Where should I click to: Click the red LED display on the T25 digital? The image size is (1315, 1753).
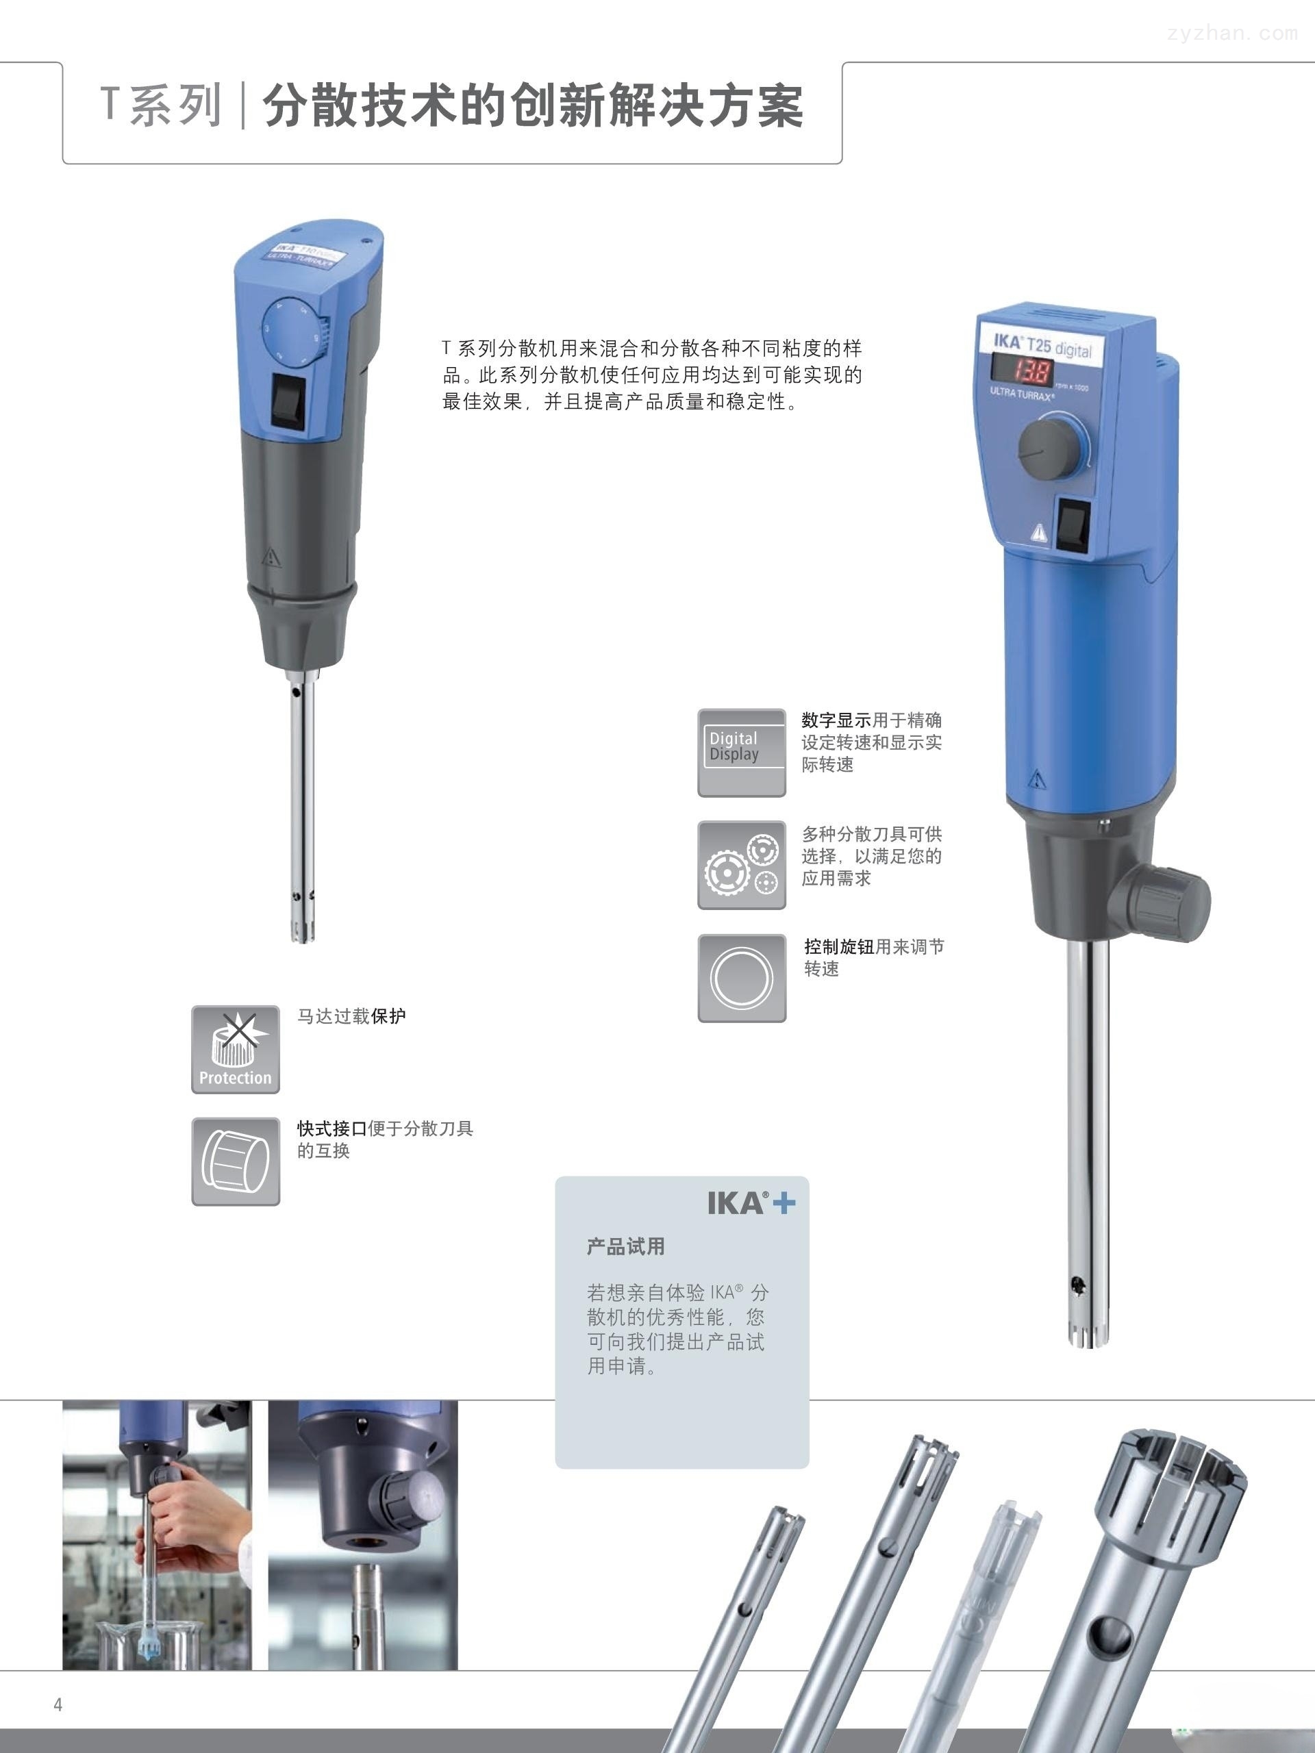(1023, 370)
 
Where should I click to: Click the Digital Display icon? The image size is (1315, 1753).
(741, 752)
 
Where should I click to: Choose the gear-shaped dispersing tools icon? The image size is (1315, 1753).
(741, 865)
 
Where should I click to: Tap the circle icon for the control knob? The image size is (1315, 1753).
(741, 978)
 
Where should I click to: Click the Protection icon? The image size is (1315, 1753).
(236, 1049)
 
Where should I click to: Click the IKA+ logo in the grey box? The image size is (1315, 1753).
(751, 1203)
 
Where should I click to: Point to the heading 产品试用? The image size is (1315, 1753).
(625, 1246)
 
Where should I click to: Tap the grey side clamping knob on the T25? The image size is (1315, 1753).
(1161, 902)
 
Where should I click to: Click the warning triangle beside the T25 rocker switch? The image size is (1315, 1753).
(1038, 533)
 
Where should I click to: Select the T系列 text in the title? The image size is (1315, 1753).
(160, 105)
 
